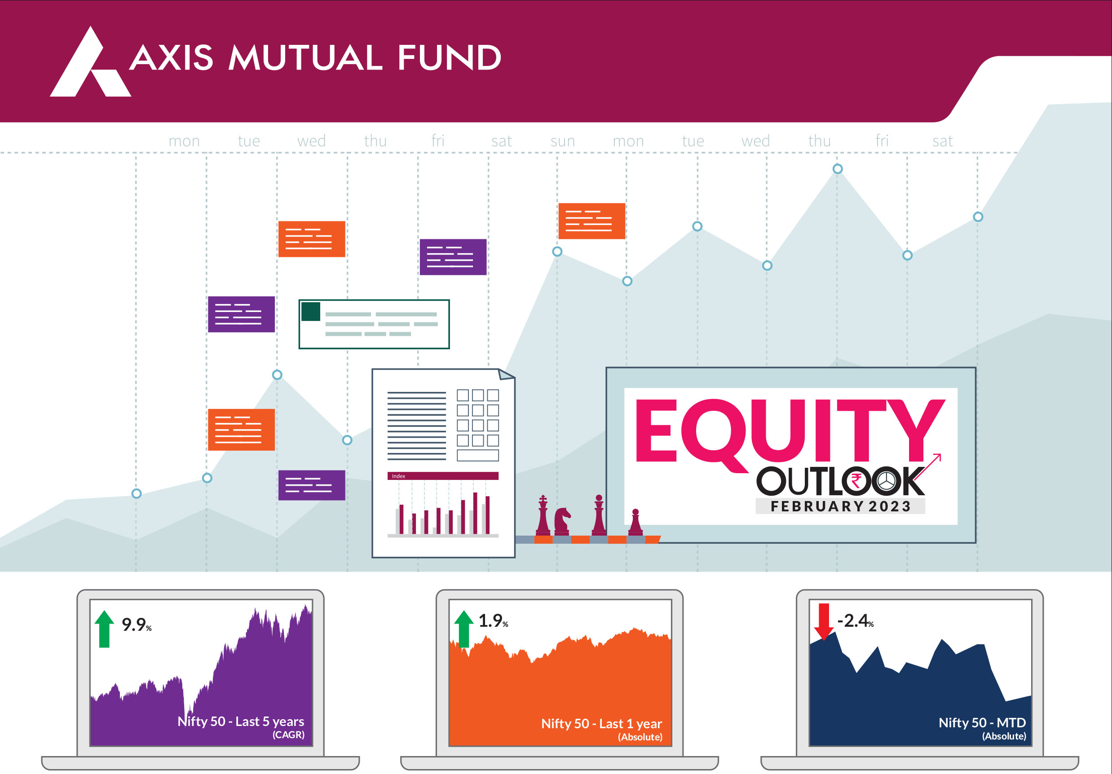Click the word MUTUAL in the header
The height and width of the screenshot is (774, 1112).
pyautogui.click(x=305, y=57)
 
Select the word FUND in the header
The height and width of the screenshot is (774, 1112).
pyautogui.click(x=449, y=57)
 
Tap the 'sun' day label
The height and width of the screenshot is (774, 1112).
pyautogui.click(x=562, y=141)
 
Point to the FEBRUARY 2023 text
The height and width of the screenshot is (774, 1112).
pyautogui.click(x=841, y=506)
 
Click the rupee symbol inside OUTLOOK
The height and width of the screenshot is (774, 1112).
pyautogui.click(x=856, y=481)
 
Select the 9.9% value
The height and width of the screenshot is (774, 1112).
pyautogui.click(x=137, y=624)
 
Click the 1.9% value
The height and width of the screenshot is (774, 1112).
pyautogui.click(x=493, y=620)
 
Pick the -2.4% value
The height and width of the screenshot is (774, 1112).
pyautogui.click(x=855, y=620)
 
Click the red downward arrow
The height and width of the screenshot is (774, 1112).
pyautogui.click(x=824, y=621)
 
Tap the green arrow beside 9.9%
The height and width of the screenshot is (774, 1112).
pyautogui.click(x=104, y=629)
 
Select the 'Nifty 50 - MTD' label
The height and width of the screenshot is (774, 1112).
pyautogui.click(x=982, y=722)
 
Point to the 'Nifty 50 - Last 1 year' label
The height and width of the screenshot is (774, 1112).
pyautogui.click(x=601, y=723)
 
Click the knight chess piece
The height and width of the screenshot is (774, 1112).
pyautogui.click(x=562, y=521)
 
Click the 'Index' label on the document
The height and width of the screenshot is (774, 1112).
pyautogui.click(x=399, y=476)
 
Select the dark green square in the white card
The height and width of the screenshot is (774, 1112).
pyautogui.click(x=310, y=311)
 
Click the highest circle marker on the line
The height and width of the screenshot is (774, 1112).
pyautogui.click(x=838, y=169)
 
